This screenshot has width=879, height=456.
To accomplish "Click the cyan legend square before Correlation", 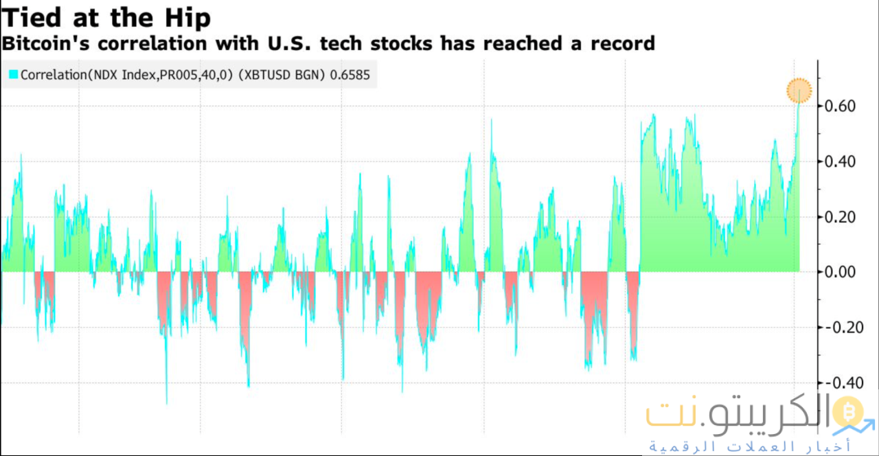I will (x=13, y=75).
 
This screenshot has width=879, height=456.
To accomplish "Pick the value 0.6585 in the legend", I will (x=350, y=75).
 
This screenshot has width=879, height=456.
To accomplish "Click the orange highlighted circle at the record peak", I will (x=799, y=90).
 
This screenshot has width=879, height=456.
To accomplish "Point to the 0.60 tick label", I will (x=840, y=106).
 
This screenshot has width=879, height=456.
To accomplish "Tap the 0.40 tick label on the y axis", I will (x=840, y=162).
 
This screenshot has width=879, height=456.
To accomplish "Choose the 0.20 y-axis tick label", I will (x=840, y=217).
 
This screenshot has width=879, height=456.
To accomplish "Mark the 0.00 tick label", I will (x=840, y=272).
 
